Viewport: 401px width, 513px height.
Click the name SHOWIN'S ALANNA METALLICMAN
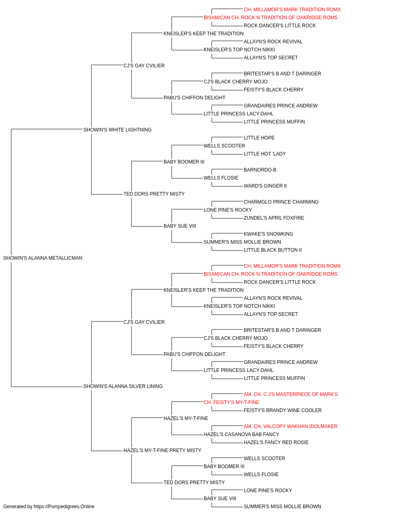click(43, 258)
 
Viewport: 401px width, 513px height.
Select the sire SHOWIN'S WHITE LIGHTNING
click(117, 130)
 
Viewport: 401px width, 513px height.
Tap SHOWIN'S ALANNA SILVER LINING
click(123, 386)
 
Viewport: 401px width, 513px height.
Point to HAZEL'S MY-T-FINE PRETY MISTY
click(162, 450)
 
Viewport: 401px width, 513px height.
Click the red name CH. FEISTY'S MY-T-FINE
click(231, 402)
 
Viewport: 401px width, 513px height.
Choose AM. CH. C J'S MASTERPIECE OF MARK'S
click(291, 394)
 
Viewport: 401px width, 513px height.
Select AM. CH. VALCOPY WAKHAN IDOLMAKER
click(290, 426)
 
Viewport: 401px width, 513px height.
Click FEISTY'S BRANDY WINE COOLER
click(283, 410)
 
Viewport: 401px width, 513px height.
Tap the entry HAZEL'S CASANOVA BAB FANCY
click(241, 434)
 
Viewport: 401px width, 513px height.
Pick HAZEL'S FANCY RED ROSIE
click(276, 442)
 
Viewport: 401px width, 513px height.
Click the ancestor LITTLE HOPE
click(259, 138)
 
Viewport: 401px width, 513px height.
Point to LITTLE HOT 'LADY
click(265, 154)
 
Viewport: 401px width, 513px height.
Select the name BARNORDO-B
click(260, 170)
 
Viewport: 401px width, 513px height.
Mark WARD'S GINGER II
click(265, 186)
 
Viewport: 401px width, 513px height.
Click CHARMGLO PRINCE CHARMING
click(281, 202)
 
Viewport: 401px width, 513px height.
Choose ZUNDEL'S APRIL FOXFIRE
click(274, 218)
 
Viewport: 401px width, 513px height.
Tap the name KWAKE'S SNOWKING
click(268, 234)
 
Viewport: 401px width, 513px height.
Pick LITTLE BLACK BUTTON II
click(273, 250)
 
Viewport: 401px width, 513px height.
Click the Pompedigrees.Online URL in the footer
click(64, 507)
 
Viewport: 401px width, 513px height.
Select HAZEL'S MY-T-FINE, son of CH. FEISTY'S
click(186, 418)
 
